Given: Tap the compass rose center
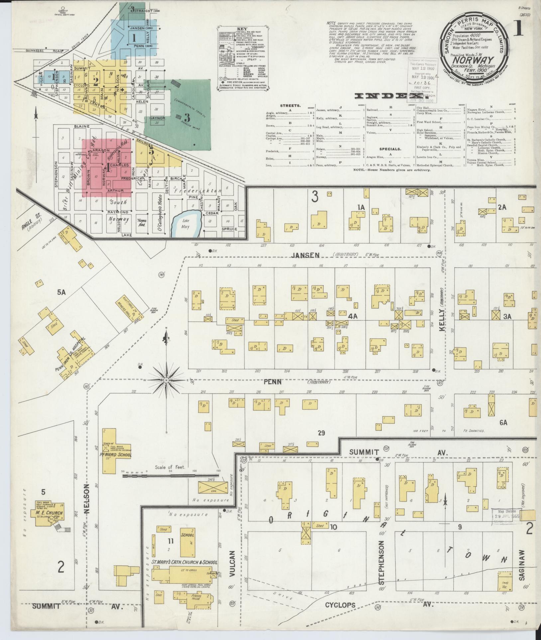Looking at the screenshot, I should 166,380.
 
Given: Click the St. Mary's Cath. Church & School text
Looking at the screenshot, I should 184,563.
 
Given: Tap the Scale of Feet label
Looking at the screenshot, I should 170,467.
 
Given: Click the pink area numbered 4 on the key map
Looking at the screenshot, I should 107,168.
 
